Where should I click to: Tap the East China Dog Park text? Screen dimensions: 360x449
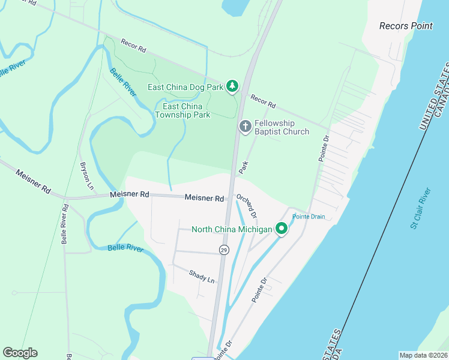[x=185, y=88]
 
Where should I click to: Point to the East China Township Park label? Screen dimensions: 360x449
[x=182, y=110]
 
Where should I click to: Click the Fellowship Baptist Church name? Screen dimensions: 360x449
[x=282, y=127]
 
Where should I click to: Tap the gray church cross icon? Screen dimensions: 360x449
[x=245, y=127]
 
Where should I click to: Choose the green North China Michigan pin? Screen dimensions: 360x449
[x=281, y=229]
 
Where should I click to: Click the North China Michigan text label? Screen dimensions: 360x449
[x=232, y=229]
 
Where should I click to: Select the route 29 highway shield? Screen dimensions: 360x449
[x=223, y=250]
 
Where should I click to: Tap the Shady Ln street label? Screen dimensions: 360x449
[x=201, y=275]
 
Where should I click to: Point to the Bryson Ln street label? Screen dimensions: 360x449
[x=86, y=176]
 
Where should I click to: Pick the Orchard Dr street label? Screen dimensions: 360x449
[x=247, y=206]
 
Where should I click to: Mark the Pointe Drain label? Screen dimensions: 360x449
[x=309, y=217]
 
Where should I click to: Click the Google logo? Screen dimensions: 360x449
[x=20, y=353]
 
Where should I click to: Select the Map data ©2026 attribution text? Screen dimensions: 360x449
[x=423, y=355]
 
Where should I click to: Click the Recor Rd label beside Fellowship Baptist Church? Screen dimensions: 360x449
[x=263, y=101]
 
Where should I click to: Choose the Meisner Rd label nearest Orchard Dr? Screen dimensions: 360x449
[x=204, y=197]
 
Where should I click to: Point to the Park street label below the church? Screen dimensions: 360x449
[x=244, y=167]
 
